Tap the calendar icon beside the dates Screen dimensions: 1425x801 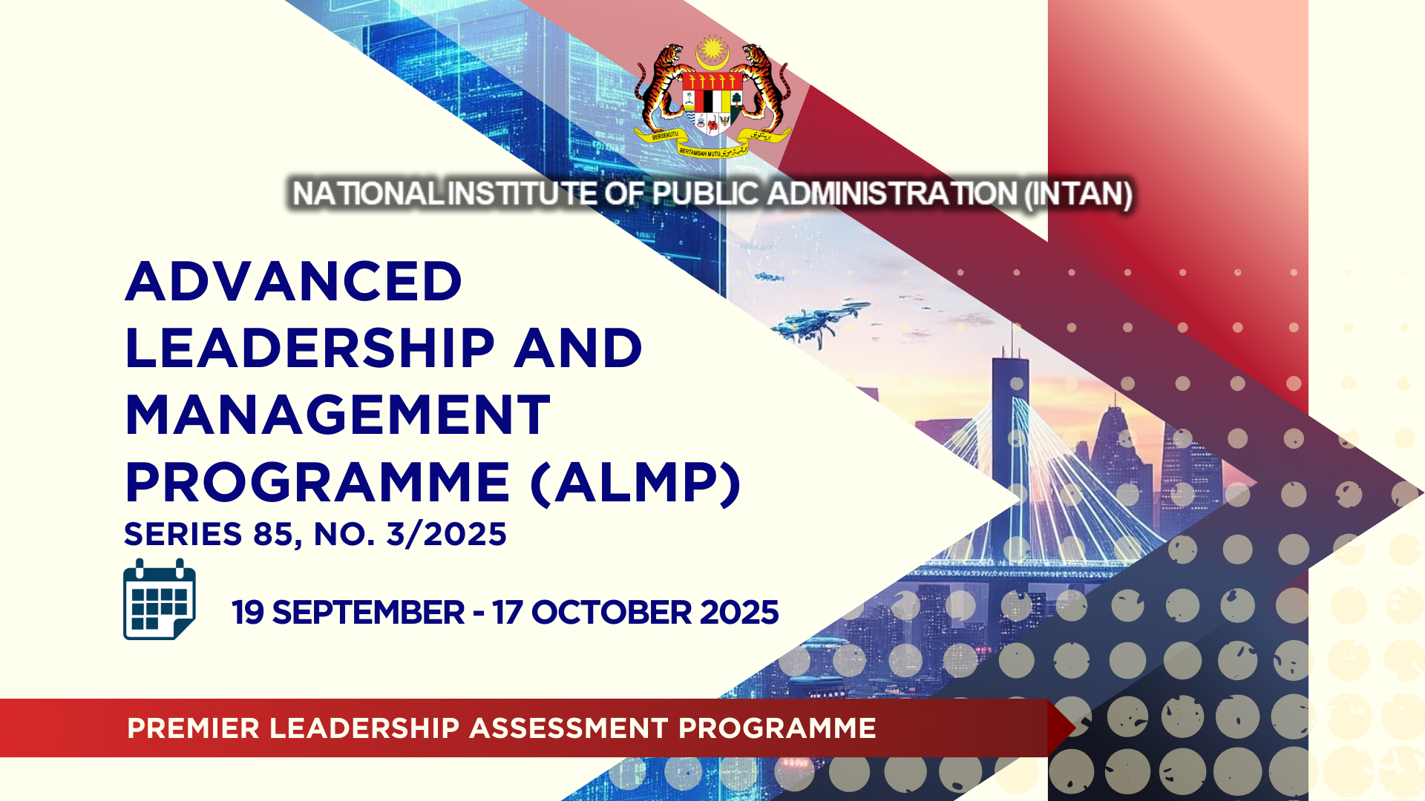point(160,599)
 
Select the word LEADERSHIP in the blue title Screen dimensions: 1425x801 point(310,348)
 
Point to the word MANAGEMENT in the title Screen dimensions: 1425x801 point(338,415)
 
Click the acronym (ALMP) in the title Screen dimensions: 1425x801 point(636,484)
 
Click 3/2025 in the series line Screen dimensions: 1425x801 point(447,534)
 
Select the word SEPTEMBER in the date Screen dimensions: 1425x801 point(368,613)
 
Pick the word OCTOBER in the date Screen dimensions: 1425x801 point(612,613)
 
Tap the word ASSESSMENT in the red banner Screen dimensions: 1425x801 point(569,728)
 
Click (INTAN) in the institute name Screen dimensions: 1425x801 point(1078,194)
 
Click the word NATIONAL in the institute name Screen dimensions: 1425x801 point(367,194)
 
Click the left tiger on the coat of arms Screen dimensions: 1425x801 point(660,85)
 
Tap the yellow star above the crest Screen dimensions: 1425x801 point(712,50)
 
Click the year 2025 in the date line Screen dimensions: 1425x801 point(739,613)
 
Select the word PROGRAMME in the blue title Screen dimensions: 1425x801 point(318,483)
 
